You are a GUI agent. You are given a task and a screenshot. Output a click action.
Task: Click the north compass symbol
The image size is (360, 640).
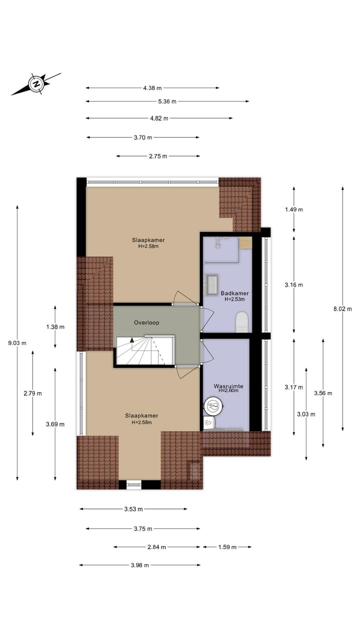tap(36, 83)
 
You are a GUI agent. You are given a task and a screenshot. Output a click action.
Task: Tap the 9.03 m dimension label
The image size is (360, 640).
tap(17, 343)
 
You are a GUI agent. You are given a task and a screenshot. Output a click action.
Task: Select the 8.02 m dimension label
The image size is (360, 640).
tap(343, 309)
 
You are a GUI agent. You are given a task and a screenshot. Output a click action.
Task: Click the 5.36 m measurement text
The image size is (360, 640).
tap(167, 101)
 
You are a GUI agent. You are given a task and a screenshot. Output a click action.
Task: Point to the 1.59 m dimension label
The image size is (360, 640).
tap(227, 547)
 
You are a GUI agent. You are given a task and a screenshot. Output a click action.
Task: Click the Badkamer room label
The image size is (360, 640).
tap(234, 293)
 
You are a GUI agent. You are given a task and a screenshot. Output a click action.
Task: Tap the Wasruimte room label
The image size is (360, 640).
tap(228, 386)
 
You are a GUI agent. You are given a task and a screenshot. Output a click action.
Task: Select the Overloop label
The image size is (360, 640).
tap(146, 322)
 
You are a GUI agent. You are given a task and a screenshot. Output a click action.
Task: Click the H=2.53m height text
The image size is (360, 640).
tap(234, 299)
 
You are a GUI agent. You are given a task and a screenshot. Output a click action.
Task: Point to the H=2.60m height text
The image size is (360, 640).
tap(228, 391)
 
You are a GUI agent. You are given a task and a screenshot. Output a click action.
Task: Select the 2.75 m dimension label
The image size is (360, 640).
tap(158, 156)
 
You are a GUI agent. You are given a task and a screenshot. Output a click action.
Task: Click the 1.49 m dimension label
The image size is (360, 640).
tap(293, 209)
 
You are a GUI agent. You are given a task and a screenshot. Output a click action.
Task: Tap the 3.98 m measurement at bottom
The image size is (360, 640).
tap(139, 565)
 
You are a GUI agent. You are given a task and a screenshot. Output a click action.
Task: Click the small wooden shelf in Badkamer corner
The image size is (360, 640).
tap(245, 243)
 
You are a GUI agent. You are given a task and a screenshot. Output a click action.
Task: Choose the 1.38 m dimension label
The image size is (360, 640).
tap(55, 326)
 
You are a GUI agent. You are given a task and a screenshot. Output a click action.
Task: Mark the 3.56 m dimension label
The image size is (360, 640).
tap(323, 393)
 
